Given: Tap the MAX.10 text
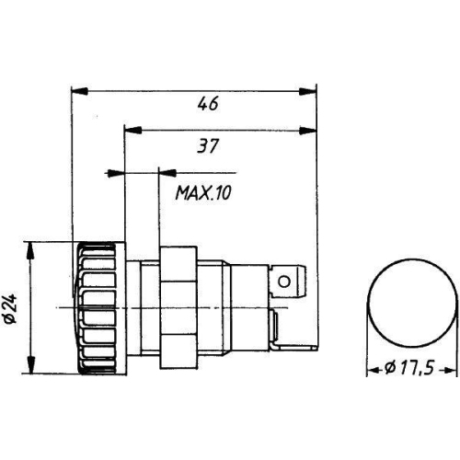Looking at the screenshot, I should [x=203, y=193].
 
